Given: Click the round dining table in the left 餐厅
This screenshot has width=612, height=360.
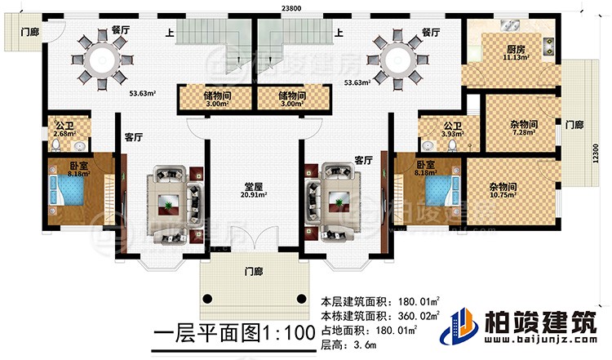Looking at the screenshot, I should (x=104, y=59).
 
